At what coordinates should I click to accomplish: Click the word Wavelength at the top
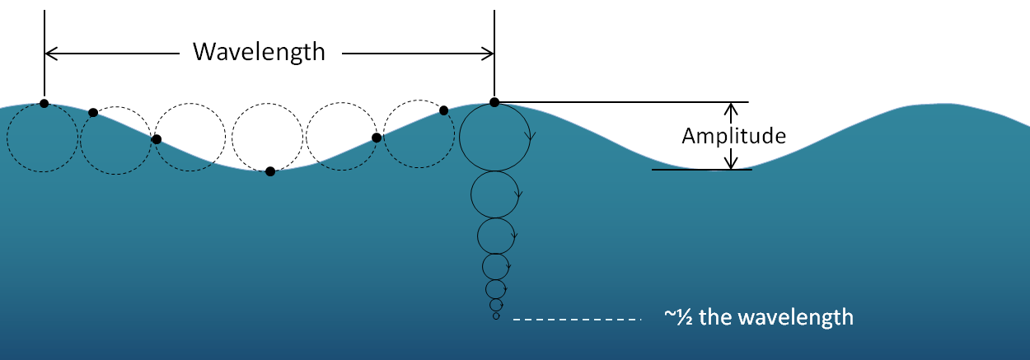[259, 53]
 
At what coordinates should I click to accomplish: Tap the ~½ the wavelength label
[758, 317]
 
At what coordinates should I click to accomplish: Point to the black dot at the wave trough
[270, 171]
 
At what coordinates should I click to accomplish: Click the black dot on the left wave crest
[44, 104]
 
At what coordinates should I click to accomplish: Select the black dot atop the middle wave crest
[494, 102]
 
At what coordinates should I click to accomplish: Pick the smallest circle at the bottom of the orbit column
[496, 317]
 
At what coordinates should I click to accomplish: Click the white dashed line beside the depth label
[577, 318]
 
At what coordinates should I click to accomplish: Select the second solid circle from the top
[494, 194]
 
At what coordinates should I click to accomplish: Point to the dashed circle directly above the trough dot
[268, 138]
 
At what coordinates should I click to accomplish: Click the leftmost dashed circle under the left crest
[43, 138]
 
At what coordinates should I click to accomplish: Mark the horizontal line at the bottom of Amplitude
[700, 170]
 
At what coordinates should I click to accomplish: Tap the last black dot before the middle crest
[443, 110]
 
